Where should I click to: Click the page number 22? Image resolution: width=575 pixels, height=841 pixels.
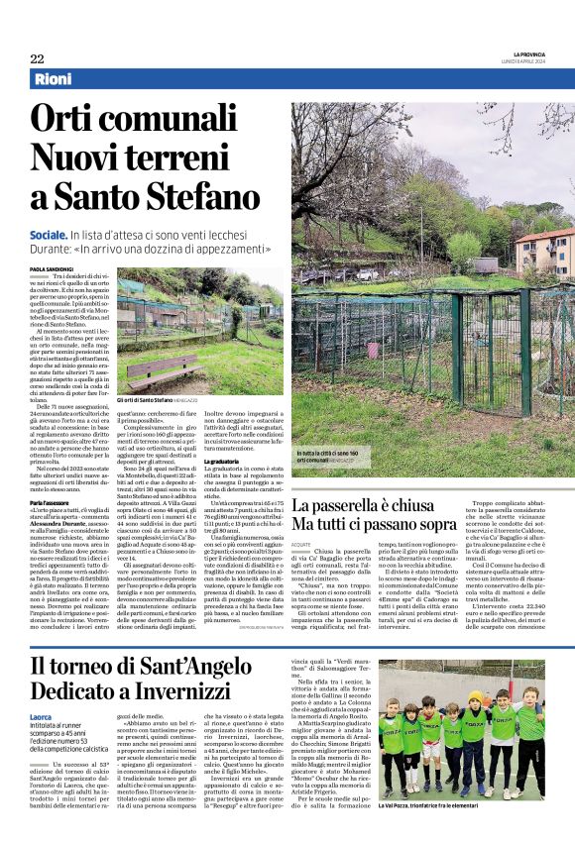click(x=37, y=58)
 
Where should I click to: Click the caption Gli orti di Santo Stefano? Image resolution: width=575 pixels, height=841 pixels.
click(x=180, y=400)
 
